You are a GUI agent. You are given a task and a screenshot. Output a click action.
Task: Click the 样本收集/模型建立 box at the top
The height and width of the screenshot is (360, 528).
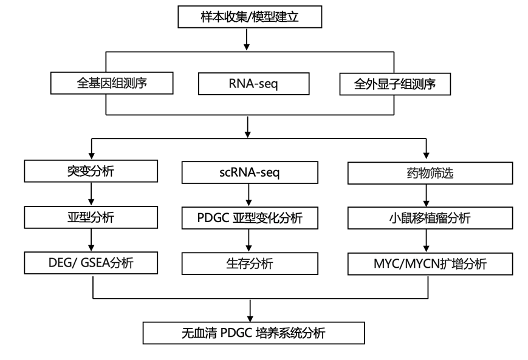point(249,17)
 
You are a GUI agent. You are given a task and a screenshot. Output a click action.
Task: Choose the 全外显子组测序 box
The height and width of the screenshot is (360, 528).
point(394,84)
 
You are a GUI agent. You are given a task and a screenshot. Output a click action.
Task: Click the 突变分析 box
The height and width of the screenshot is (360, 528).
point(91,172)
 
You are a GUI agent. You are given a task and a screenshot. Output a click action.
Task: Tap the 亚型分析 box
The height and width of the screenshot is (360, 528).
point(91,217)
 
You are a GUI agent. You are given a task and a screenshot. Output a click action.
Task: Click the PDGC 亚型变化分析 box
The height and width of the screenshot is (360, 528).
point(250,217)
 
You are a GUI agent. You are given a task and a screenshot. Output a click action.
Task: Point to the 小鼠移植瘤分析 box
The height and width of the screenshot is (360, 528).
point(427,217)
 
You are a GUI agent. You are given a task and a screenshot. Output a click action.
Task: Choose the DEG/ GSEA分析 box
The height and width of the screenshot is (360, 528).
point(91,263)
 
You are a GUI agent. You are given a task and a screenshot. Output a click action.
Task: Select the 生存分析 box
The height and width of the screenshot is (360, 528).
point(250,263)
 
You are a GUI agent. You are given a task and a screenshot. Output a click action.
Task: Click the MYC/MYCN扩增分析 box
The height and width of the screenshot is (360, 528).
point(427,263)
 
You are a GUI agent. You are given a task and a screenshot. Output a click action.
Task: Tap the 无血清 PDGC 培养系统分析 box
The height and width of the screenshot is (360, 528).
point(253,333)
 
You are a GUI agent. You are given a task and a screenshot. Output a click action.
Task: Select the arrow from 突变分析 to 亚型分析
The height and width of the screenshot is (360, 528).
point(91,194)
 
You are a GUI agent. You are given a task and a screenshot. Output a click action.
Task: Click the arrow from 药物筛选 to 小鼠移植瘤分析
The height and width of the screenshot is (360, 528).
point(427,195)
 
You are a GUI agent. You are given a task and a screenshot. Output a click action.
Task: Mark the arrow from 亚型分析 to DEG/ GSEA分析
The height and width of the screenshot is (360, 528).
point(91,240)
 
